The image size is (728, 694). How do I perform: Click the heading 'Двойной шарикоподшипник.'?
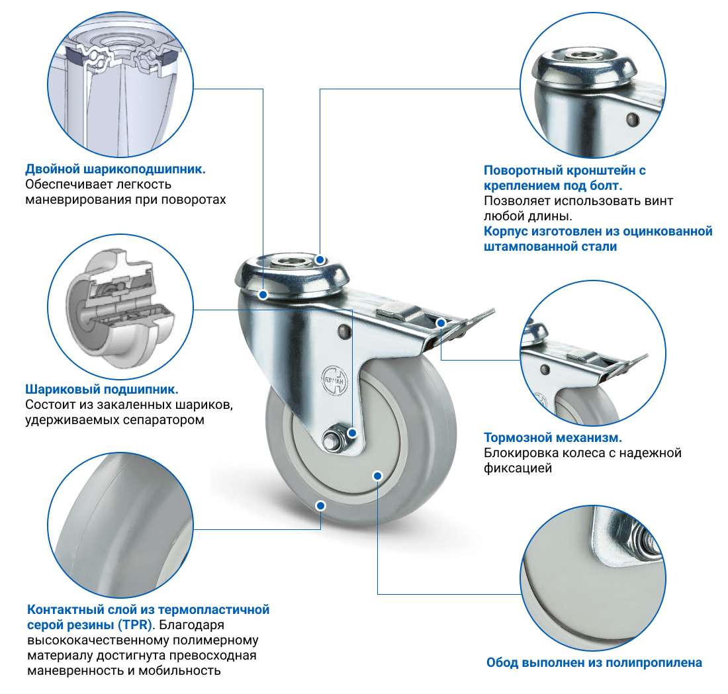pyautogui.click(x=115, y=169)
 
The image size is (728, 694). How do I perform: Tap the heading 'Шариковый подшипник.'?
pyautogui.click(x=102, y=389)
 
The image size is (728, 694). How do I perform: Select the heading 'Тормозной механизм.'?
pyautogui.click(x=553, y=437)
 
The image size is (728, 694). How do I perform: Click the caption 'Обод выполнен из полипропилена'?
pyautogui.click(x=594, y=662)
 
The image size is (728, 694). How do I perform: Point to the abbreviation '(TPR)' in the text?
pyautogui.click(x=136, y=625)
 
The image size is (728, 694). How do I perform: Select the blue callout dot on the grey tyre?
pyautogui.click(x=320, y=505)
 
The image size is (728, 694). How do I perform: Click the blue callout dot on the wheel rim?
pyautogui.click(x=377, y=476)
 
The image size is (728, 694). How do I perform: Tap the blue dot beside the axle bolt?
pyautogui.click(x=352, y=433)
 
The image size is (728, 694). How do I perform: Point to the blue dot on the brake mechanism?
pyautogui.click(x=441, y=323)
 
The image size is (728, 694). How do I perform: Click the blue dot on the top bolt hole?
pyautogui.click(x=320, y=259)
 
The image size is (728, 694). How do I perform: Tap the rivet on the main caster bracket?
pyautogui.click(x=343, y=331)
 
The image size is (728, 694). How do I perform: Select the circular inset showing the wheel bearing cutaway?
pyautogui.click(x=120, y=307)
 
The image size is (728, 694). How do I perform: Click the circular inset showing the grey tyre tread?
pyautogui.click(x=120, y=526)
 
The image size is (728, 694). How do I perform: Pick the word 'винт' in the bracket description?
pyautogui.click(x=658, y=201)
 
